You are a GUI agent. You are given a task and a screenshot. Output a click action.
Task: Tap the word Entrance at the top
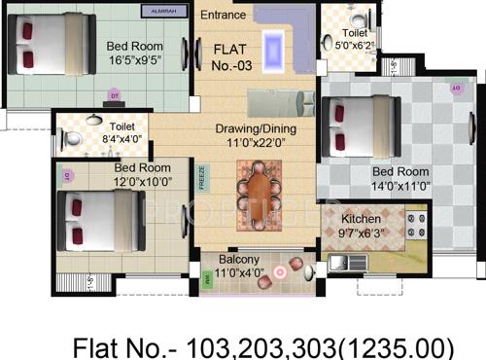coord(224,15)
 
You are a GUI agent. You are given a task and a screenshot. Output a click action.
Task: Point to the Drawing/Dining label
coord(256,128)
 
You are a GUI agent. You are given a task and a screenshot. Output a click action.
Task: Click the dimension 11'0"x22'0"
coord(256,144)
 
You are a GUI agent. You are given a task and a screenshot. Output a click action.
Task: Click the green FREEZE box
coord(202,177)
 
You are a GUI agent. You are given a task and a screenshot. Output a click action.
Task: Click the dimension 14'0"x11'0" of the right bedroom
coord(394,188)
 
